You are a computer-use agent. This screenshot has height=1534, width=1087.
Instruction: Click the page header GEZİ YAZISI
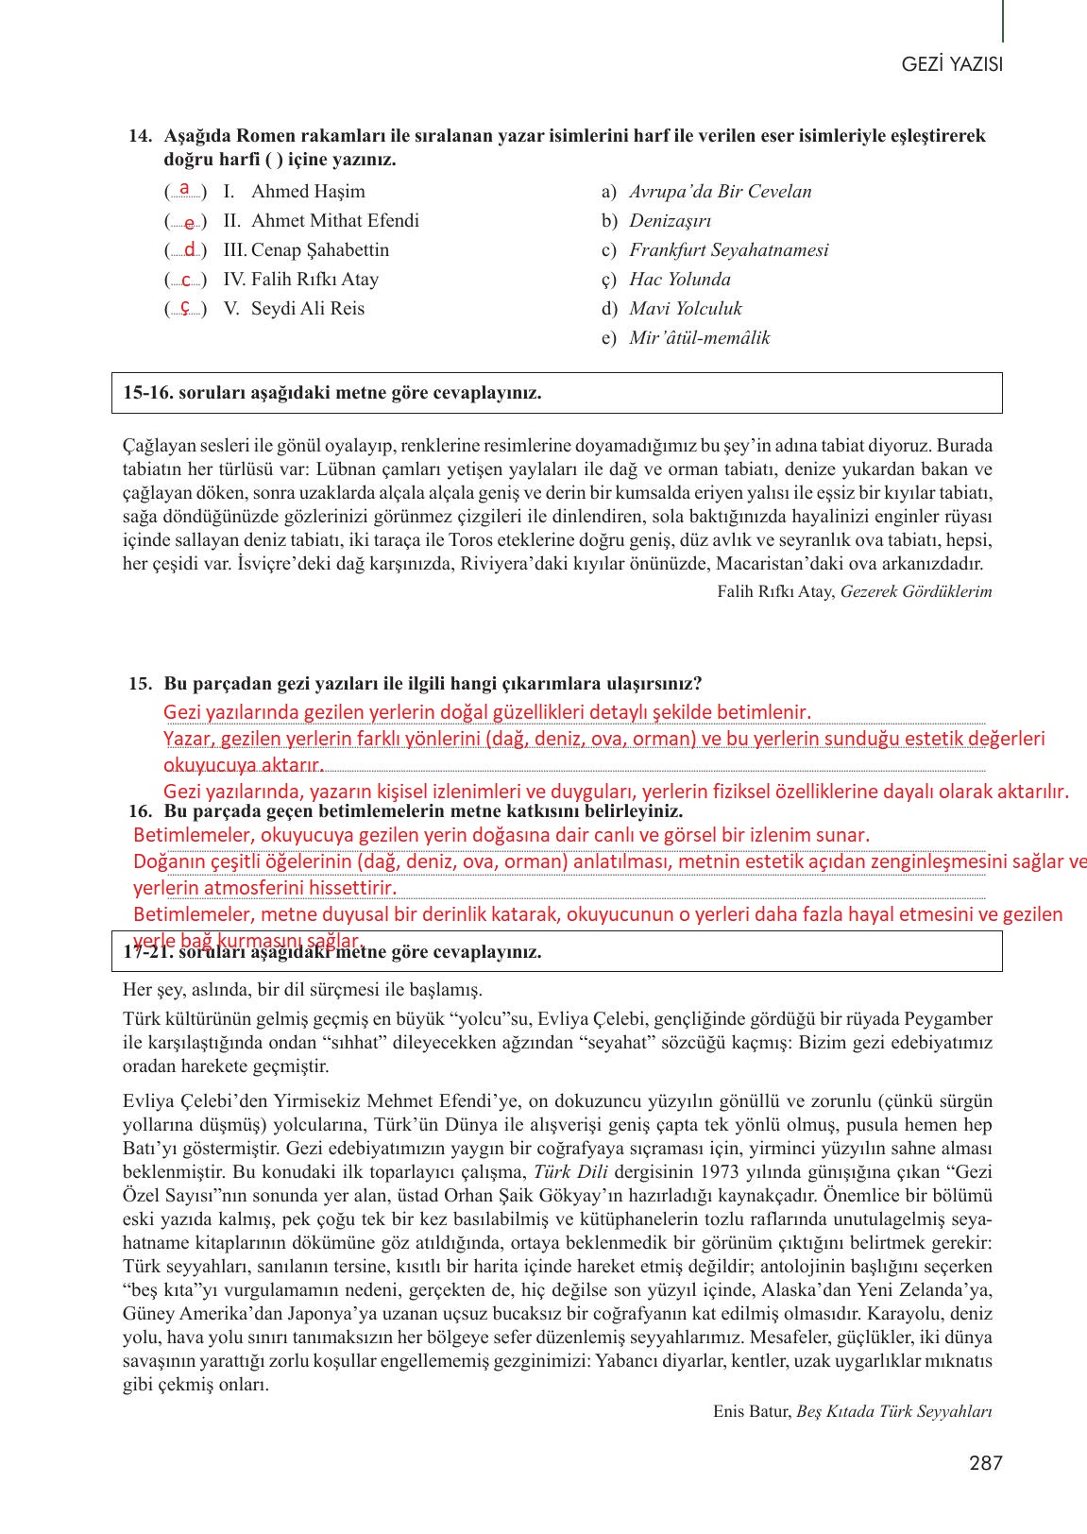pos(951,64)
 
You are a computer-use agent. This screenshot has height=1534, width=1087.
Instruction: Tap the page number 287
pos(985,1463)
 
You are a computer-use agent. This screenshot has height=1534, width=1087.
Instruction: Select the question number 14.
pos(140,136)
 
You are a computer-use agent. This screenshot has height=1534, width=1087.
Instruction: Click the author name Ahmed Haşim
pos(308,192)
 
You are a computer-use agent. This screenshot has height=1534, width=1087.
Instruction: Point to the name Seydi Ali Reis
pos(308,309)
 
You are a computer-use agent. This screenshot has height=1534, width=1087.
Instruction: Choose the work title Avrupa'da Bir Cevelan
pos(720,192)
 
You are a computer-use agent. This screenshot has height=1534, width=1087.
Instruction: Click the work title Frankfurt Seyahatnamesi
pos(728,250)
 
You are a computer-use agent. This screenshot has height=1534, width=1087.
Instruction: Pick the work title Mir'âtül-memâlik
pos(699,338)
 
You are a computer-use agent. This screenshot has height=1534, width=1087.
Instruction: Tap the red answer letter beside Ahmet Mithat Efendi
pos(189,223)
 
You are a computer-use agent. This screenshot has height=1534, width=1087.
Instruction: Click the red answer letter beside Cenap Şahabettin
pos(189,250)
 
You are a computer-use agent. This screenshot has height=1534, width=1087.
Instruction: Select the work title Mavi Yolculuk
pos(685,309)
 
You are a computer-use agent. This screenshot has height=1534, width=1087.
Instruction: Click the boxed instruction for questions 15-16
pos(332,393)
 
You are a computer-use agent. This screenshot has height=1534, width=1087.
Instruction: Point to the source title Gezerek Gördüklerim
pos(915,592)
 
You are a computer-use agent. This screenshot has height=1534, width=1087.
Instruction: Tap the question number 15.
pos(140,684)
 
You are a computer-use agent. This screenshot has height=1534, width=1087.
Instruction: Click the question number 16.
pos(140,811)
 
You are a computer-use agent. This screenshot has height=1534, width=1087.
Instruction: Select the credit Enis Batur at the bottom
pos(751,1411)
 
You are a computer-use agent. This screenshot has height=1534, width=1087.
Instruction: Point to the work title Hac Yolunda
pos(679,280)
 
